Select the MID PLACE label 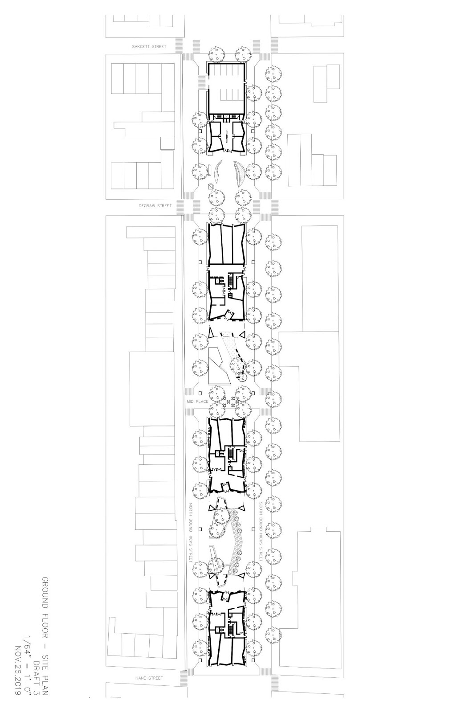pyautogui.click(x=198, y=402)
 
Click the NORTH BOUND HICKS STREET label pyautogui.click(x=190, y=533)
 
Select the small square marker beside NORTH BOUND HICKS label pyautogui.click(x=201, y=529)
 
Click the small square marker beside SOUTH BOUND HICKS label pyautogui.click(x=253, y=529)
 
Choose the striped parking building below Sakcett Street pyautogui.click(x=227, y=87)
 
